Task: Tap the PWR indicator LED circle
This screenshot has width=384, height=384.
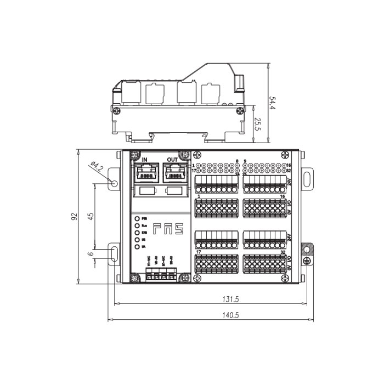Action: (137, 218)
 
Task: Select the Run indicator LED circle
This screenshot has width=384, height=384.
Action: (137, 225)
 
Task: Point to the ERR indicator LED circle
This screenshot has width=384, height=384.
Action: (137, 233)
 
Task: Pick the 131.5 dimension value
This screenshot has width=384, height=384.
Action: (212, 300)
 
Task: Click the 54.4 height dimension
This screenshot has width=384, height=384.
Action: (272, 103)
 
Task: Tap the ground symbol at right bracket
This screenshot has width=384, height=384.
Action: (307, 251)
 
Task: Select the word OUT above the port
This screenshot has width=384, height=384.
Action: (172, 160)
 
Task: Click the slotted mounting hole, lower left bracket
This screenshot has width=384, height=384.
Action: (114, 253)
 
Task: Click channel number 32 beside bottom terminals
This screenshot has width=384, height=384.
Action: (282, 252)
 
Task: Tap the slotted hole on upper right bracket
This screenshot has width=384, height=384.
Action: (307, 177)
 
